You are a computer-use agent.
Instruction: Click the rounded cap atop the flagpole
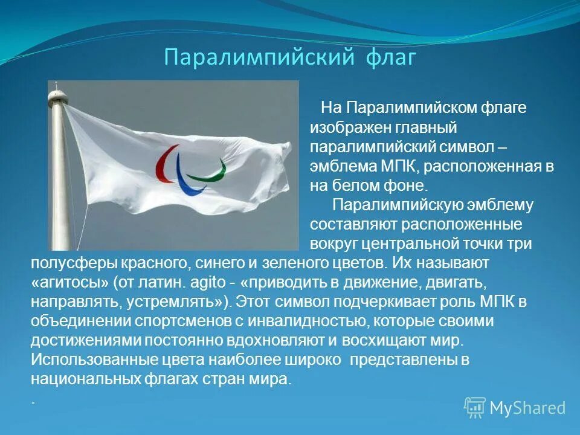coord(57,95)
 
